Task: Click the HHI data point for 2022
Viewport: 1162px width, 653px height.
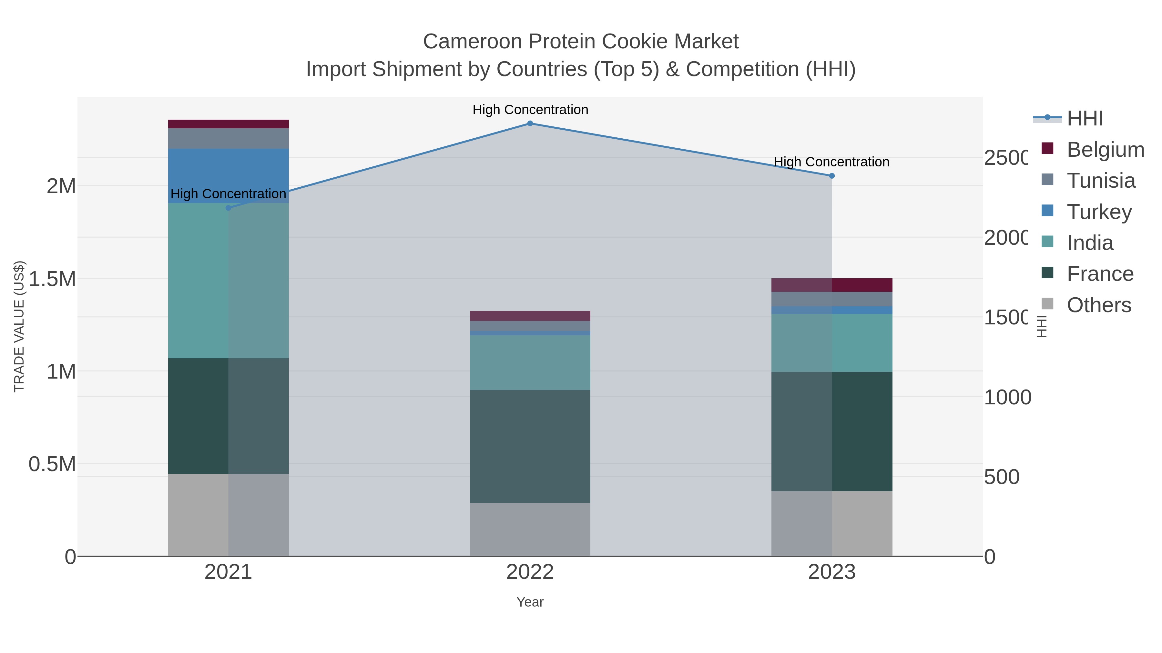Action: click(530, 123)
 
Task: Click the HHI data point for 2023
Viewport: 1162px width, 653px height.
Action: click(832, 176)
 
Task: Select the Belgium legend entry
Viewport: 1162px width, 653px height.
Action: click(1105, 149)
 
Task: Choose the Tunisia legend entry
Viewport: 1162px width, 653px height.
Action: click(1101, 180)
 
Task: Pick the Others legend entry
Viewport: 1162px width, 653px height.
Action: click(1099, 305)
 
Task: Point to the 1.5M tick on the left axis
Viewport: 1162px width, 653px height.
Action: click(52, 279)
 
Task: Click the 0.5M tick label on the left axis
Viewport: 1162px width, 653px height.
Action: click(52, 464)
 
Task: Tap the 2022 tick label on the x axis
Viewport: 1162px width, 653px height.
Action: click(530, 572)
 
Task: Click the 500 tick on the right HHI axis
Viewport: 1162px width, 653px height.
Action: click(1001, 477)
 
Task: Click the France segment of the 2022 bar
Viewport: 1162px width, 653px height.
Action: click(530, 446)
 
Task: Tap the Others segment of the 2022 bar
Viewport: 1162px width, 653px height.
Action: click(530, 529)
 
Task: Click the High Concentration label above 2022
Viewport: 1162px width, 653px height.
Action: click(530, 110)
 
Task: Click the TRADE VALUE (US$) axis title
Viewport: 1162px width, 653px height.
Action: click(19, 326)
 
